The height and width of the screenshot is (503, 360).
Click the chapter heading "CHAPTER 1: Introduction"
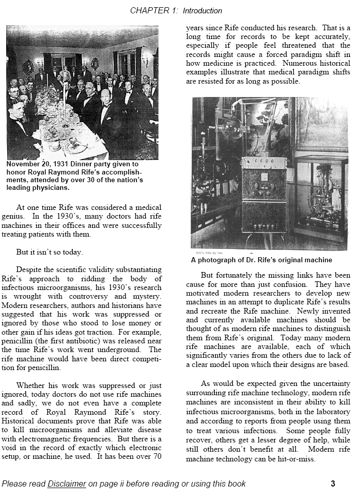(x=176, y=10)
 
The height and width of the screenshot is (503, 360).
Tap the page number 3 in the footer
(x=333, y=483)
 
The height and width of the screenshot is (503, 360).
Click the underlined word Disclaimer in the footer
(x=67, y=483)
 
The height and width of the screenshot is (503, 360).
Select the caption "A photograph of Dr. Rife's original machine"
(x=261, y=260)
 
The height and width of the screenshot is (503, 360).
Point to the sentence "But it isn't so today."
(x=49, y=252)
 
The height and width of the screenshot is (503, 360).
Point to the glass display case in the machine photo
(x=321, y=195)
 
